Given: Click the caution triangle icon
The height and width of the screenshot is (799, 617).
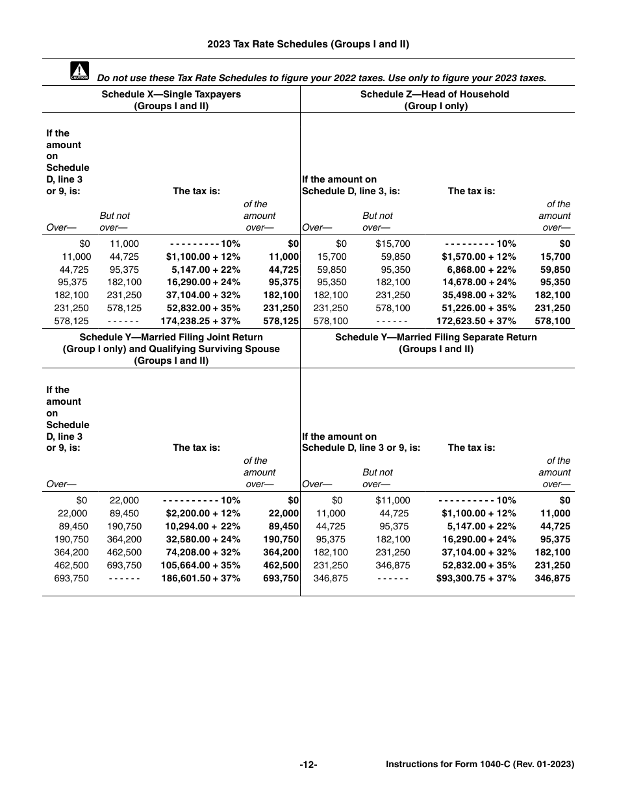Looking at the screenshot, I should [x=79, y=71].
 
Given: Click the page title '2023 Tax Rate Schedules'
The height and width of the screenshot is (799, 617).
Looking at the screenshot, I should [x=308, y=44].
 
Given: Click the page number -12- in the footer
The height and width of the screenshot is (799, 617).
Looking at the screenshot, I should [x=308, y=765].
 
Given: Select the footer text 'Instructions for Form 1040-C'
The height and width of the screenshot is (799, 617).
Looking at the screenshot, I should [x=479, y=765].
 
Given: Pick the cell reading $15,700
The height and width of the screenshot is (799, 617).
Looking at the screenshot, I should [x=393, y=244].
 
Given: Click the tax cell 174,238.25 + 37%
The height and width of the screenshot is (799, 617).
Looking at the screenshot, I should [x=200, y=321].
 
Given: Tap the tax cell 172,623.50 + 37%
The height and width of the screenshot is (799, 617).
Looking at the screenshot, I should [x=476, y=321].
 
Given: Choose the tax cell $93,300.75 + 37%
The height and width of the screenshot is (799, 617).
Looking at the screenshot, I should [x=476, y=577].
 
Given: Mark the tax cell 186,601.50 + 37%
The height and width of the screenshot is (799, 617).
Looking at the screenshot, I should [x=200, y=577].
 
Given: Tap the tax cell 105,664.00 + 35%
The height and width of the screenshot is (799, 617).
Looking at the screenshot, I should [x=200, y=565].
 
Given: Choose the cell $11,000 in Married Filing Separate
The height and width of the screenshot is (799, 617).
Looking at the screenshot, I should [x=393, y=500].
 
